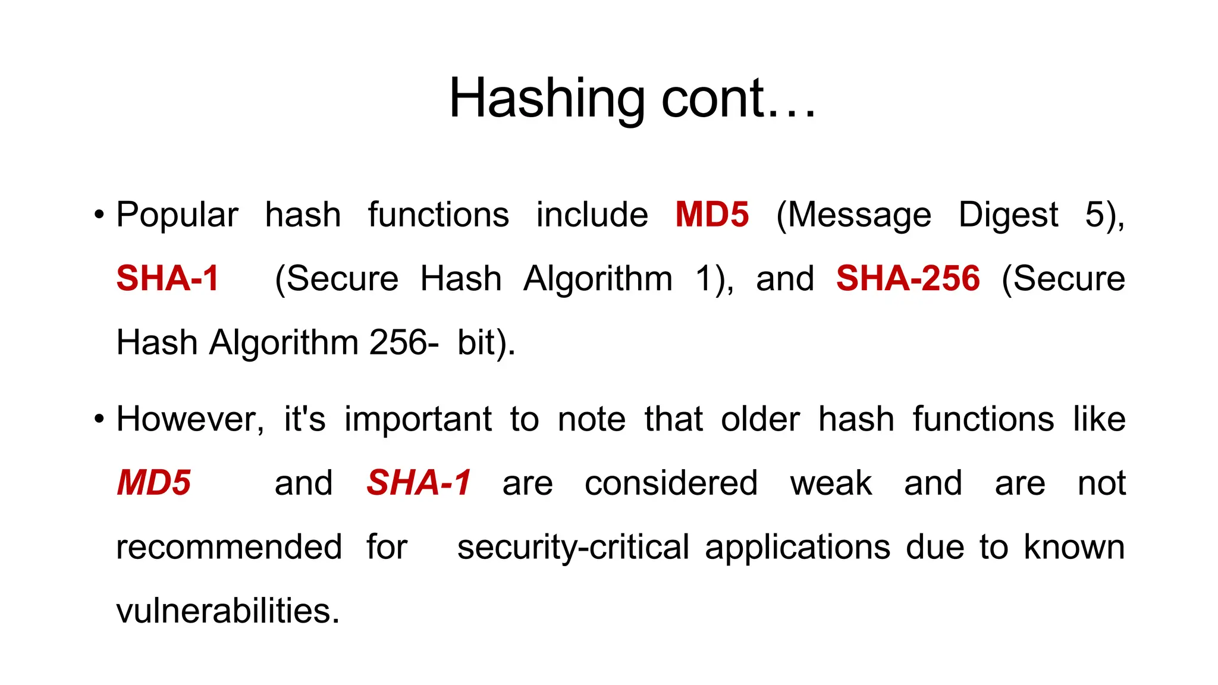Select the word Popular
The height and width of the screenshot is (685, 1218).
[x=177, y=215]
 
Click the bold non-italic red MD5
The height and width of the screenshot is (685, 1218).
[x=712, y=215]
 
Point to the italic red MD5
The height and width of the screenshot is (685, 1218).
[x=154, y=482]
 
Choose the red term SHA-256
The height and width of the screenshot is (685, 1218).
[x=908, y=278]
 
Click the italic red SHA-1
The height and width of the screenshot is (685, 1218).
[x=419, y=482]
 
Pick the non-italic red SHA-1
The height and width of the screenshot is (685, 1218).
[x=168, y=278]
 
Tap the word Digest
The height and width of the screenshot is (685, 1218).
[x=1008, y=215]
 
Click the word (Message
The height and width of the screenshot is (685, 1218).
[x=853, y=215]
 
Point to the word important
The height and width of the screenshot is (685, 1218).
[x=418, y=419]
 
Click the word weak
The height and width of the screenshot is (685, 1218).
[x=831, y=482]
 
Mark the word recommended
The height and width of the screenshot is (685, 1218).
[x=229, y=547]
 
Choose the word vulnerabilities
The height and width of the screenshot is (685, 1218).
[x=228, y=611]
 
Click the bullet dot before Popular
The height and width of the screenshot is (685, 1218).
[x=99, y=215]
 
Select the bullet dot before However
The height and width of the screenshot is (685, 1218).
[x=99, y=419]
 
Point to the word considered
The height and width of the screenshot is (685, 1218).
[x=671, y=482]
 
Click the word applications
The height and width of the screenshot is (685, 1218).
[x=798, y=547]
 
